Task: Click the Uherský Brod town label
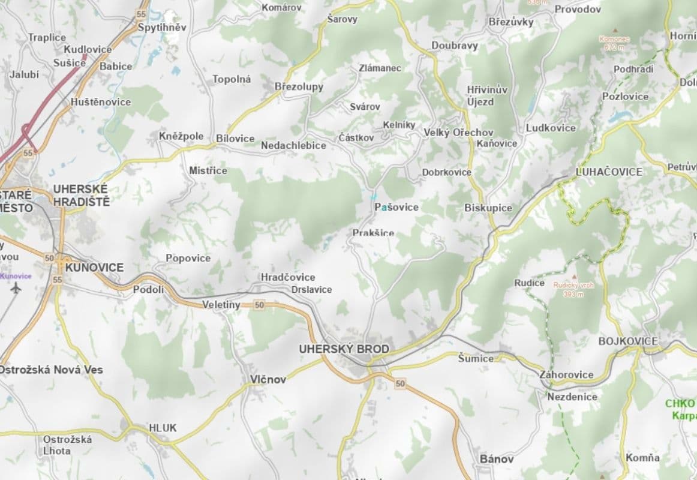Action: coord(344,349)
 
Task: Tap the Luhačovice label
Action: coord(608,172)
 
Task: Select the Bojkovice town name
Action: coord(627,341)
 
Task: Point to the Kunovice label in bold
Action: coord(95,267)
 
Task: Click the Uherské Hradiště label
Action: coord(81,195)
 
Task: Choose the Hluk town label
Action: coord(163,428)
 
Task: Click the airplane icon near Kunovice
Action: coord(16,288)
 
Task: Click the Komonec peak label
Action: coord(614,39)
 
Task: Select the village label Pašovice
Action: coord(396,207)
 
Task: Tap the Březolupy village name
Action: coord(299,86)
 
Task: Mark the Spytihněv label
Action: coord(162,28)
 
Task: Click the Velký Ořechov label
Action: coord(458,132)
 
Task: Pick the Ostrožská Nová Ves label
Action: coord(51,370)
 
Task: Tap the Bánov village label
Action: coord(497,459)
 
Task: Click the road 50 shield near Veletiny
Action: coord(259,305)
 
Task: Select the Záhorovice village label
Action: coord(566,375)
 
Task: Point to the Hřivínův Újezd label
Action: coord(487,95)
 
